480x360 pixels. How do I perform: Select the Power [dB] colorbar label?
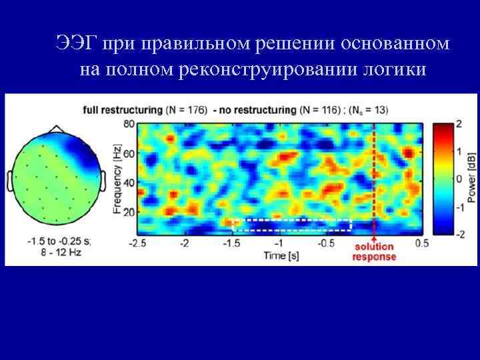[x=471, y=179]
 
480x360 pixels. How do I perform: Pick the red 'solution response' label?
[x=374, y=252]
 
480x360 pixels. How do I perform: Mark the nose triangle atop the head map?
[x=55, y=127]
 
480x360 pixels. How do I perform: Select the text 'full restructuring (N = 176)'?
[x=144, y=109]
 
